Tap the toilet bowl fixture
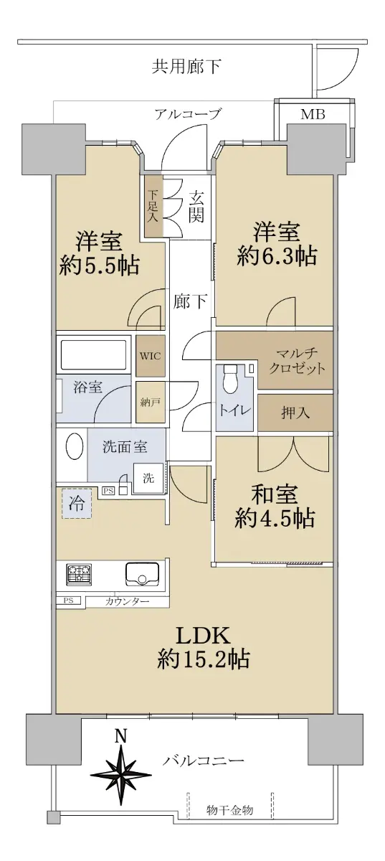[x=230, y=380]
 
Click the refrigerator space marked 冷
[x=77, y=503]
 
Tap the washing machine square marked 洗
[x=148, y=478]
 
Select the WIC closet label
[x=151, y=356]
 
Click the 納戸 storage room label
[x=151, y=403]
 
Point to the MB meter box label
[x=313, y=114]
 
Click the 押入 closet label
[x=295, y=413]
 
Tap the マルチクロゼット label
[x=297, y=362]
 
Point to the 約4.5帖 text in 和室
[x=275, y=518]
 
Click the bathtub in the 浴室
[x=92, y=354]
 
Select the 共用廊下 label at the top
[x=186, y=66]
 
